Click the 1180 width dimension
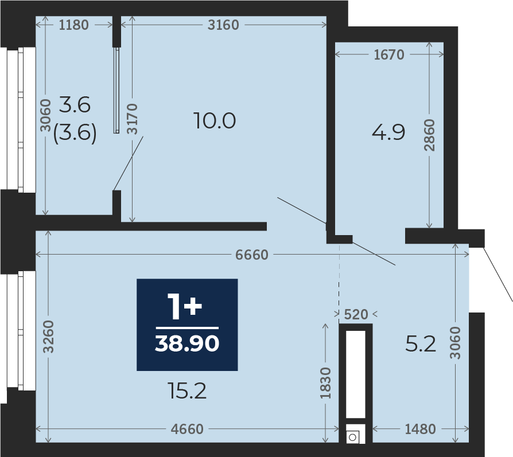[x=73, y=25]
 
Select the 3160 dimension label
[x=223, y=25]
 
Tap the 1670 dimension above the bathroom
[x=389, y=54]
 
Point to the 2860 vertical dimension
[x=429, y=135]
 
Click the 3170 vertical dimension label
[x=132, y=119]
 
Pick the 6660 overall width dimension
[x=252, y=255]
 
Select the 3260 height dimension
[x=48, y=337]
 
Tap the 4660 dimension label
[x=187, y=429]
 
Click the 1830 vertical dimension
[x=325, y=383]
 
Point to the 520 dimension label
[x=356, y=314]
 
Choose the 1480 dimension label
[x=421, y=429]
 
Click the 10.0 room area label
[x=215, y=120]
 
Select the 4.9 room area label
[x=388, y=132]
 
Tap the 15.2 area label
[x=187, y=390]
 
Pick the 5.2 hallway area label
[x=421, y=343]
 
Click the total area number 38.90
[x=187, y=343]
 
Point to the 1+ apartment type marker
[x=185, y=306]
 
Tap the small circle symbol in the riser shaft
[x=353, y=438]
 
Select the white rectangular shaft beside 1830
[x=356, y=374]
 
